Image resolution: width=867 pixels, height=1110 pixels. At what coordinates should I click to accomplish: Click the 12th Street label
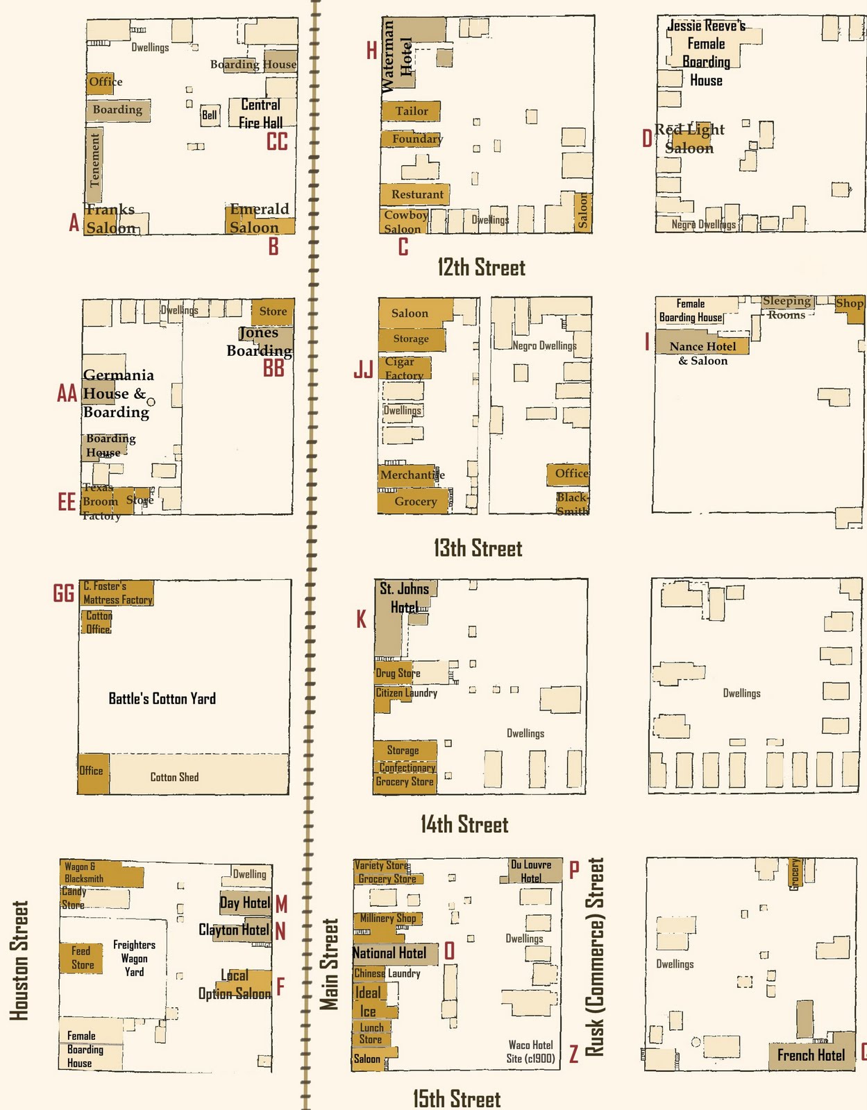[481, 268]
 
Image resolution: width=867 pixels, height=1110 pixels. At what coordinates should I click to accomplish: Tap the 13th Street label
[478, 549]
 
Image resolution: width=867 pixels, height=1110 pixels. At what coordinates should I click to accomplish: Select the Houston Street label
[19, 961]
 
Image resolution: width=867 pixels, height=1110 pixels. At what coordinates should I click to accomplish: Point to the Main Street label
[329, 964]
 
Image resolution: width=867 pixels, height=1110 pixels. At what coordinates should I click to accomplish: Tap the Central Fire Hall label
[260, 114]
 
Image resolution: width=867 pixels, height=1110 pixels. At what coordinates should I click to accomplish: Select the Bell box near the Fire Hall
[210, 115]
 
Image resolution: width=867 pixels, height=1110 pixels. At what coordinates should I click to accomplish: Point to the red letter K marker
[361, 620]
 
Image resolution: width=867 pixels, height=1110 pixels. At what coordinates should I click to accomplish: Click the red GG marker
[64, 594]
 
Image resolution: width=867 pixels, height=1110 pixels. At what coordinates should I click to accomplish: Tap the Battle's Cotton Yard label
[162, 699]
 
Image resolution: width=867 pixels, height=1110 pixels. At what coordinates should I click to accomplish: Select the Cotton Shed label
[174, 777]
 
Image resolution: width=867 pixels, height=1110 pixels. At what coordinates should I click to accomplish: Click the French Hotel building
[811, 1055]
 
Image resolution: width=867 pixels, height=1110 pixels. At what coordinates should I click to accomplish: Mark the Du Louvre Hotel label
[531, 871]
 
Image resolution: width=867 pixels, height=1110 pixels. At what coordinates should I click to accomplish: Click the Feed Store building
[81, 958]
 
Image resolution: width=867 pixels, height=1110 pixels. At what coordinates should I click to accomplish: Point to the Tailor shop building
[411, 111]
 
